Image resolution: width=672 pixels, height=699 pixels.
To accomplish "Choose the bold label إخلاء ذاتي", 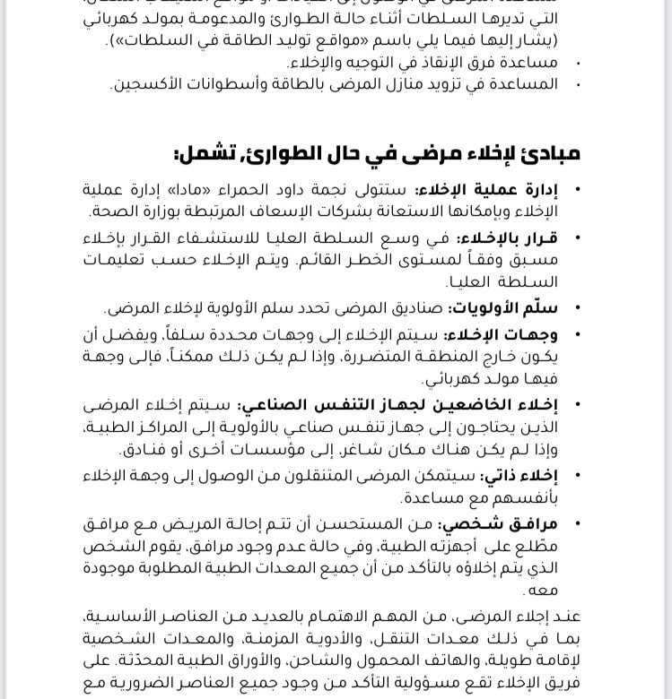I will pyautogui.click(x=519, y=475).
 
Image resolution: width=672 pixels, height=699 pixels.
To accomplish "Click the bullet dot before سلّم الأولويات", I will pyautogui.click(x=576, y=308).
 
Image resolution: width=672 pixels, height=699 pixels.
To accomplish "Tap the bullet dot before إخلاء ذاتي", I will pyautogui.click(x=576, y=476).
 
